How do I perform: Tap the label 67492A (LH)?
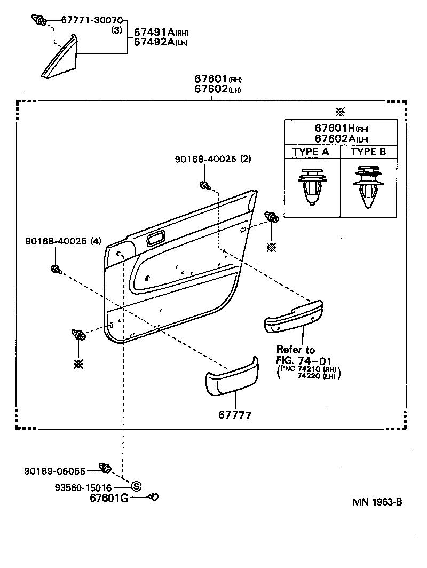click(157, 43)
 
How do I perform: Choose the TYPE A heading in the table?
click(311, 152)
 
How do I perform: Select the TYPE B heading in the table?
click(368, 152)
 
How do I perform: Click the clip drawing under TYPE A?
click(311, 188)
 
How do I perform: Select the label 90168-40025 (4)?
click(63, 241)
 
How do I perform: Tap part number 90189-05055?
click(54, 470)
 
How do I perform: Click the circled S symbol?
click(136, 486)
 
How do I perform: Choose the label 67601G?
click(109, 498)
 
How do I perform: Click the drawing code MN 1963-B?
click(377, 502)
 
